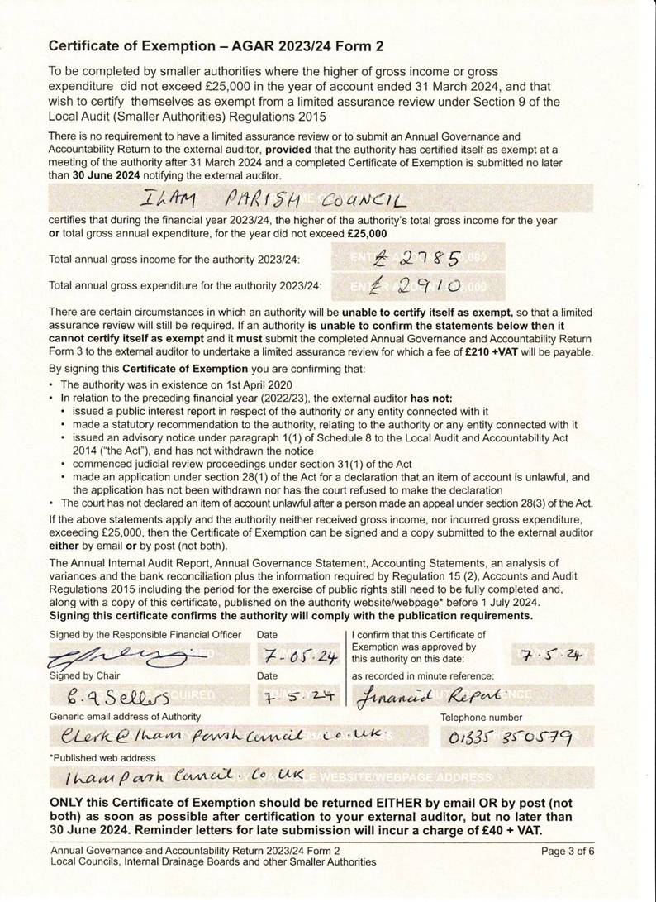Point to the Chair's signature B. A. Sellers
pyautogui.click(x=115, y=697)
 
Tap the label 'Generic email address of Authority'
pyautogui.click(x=125, y=716)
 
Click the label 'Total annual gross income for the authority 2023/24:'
pyautogui.click(x=175, y=260)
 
